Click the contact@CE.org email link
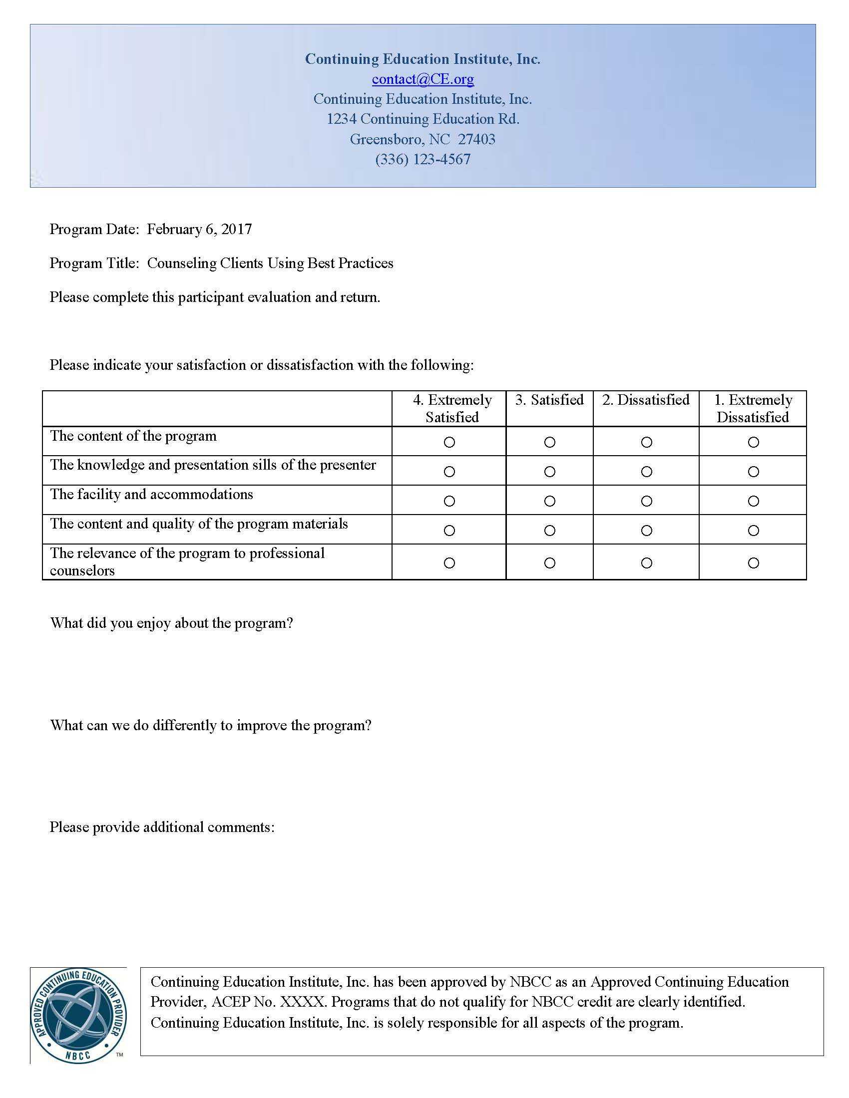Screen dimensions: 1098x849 coord(423,79)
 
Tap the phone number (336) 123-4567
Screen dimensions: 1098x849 coord(423,159)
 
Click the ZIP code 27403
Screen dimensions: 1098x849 coord(476,139)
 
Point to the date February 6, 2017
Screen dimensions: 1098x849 coord(199,229)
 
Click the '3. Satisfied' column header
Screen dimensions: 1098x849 coord(549,400)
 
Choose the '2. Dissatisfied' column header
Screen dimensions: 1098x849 coord(646,400)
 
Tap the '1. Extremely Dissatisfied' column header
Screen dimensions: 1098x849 coord(753,408)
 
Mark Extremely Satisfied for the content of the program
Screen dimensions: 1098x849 coord(449,442)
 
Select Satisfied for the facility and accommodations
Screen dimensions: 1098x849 coord(550,501)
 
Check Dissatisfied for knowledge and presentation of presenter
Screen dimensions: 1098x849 coord(647,472)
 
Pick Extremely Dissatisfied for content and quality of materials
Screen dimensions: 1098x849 coord(754,531)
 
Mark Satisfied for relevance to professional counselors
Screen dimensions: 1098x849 coord(550,563)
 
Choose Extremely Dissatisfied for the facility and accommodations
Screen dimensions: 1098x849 coord(754,501)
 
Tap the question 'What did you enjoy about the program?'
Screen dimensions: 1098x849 coord(171,623)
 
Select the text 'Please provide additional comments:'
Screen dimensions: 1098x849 coord(162,827)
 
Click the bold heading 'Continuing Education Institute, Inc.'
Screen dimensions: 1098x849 coord(423,59)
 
